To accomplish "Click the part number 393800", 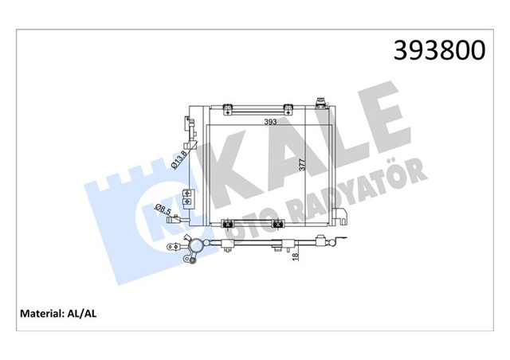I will (x=436, y=49).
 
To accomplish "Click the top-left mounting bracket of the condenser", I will (x=230, y=109).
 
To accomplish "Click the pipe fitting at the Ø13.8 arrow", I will (x=189, y=127).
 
